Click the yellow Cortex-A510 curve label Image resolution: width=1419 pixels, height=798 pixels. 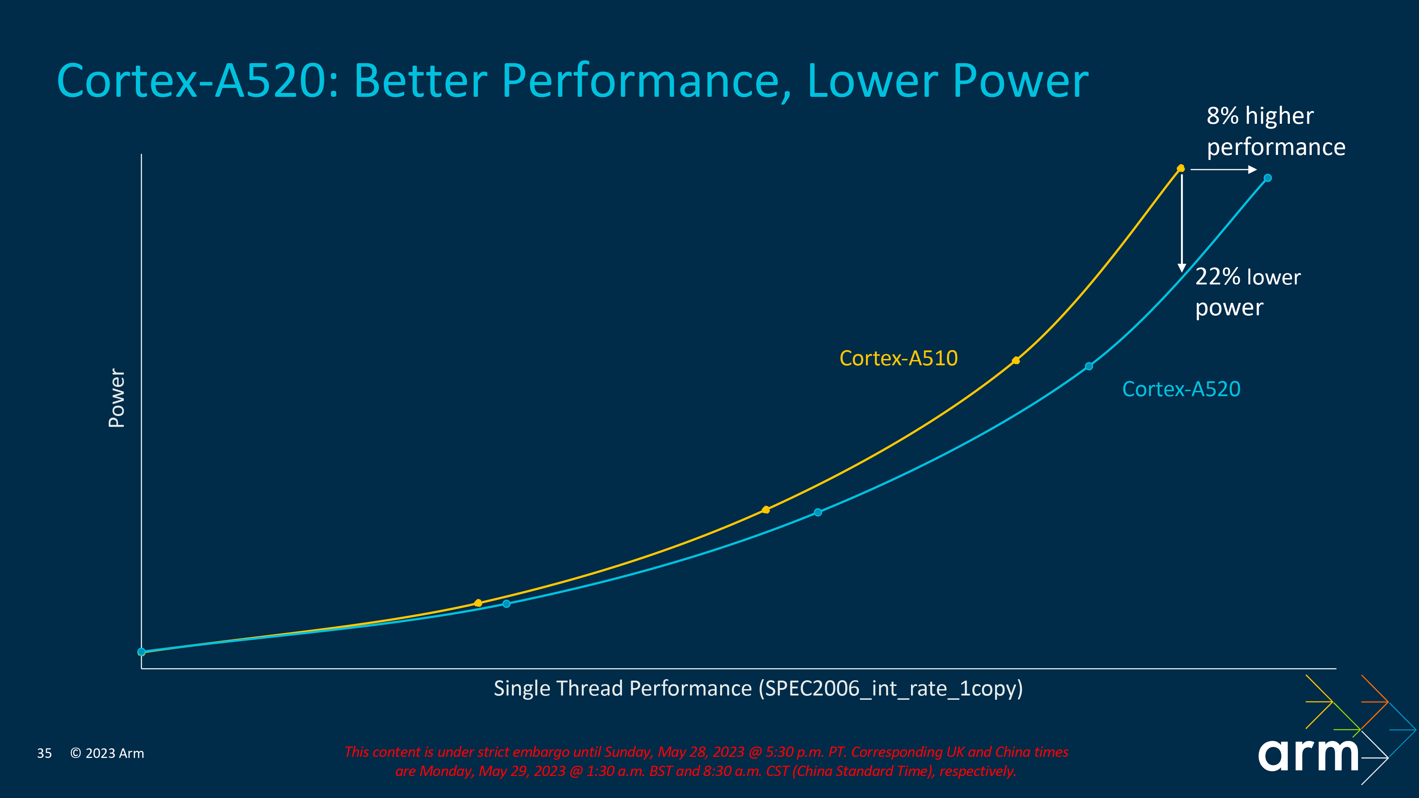tap(899, 359)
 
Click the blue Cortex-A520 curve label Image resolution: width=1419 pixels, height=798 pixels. tap(1181, 389)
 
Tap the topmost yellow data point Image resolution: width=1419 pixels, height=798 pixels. tap(1181, 168)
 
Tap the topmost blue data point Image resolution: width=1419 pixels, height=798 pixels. tap(1268, 178)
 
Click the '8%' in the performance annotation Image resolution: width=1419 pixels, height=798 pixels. tap(1222, 116)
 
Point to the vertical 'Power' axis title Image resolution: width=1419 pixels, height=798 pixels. tap(117, 398)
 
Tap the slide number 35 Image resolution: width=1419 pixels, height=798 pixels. tap(44, 753)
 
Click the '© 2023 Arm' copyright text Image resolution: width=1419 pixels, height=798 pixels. tap(107, 753)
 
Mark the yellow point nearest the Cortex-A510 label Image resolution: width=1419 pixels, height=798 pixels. tap(1016, 361)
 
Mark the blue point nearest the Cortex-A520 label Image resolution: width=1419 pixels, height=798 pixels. tap(1088, 366)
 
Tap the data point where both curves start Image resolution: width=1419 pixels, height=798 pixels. tap(142, 652)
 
